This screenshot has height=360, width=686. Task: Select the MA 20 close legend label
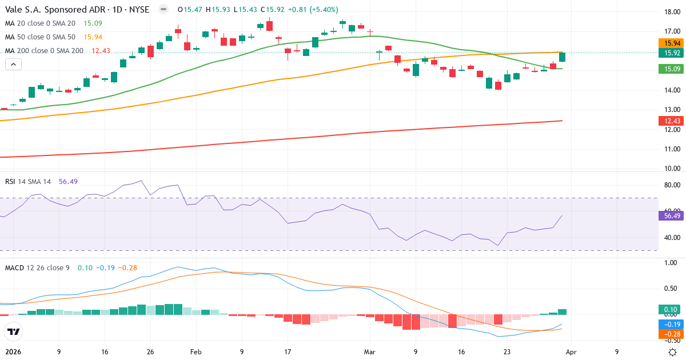click(41, 23)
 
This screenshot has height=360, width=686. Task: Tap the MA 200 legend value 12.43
click(101, 51)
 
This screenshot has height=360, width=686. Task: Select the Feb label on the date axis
click(196, 352)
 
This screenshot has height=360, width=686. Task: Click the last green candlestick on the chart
click(563, 57)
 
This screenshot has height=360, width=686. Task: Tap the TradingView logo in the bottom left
click(13, 331)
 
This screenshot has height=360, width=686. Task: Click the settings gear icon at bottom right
click(673, 352)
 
